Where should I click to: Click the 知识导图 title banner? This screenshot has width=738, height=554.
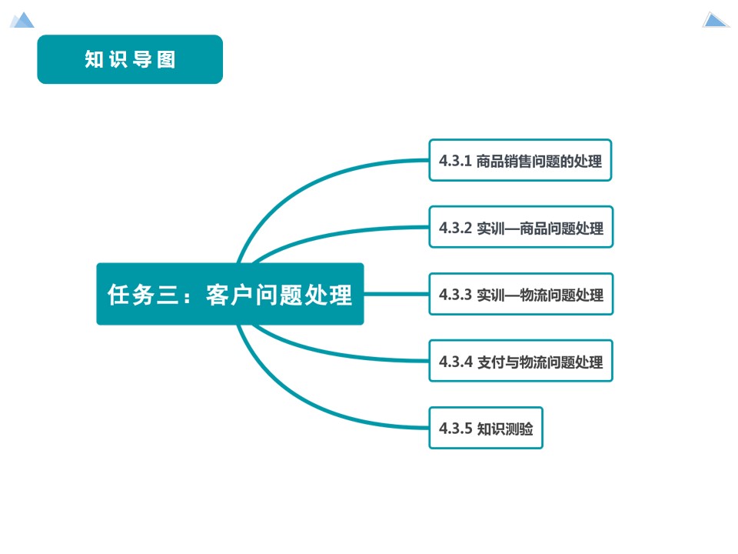[x=130, y=59]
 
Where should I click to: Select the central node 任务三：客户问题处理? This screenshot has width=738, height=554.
[x=230, y=294]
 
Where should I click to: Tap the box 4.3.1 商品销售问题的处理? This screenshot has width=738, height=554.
[x=520, y=160]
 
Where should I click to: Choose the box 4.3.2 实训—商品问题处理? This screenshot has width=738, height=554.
[x=520, y=227]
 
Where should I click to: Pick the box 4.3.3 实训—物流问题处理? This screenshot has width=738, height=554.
[x=520, y=294]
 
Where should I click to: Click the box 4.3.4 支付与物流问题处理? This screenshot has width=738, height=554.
[x=520, y=361]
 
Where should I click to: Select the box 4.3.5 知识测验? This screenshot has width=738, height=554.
[x=486, y=428]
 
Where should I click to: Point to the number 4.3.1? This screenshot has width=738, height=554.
[x=454, y=161]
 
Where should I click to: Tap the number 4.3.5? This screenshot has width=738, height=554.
[x=454, y=429]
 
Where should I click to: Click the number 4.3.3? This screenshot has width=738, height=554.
[x=454, y=295]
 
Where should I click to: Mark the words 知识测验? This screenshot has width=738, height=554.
[x=504, y=429]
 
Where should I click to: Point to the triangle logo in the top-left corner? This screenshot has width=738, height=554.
[x=22, y=20]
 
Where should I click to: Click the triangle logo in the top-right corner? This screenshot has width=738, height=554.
[x=716, y=20]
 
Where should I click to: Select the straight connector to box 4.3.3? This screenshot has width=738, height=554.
[x=396, y=294]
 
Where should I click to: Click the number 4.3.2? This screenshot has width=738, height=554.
[x=454, y=228]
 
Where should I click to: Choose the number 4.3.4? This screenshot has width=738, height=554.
[x=454, y=362]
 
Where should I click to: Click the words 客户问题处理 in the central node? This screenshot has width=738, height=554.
[x=279, y=295]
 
